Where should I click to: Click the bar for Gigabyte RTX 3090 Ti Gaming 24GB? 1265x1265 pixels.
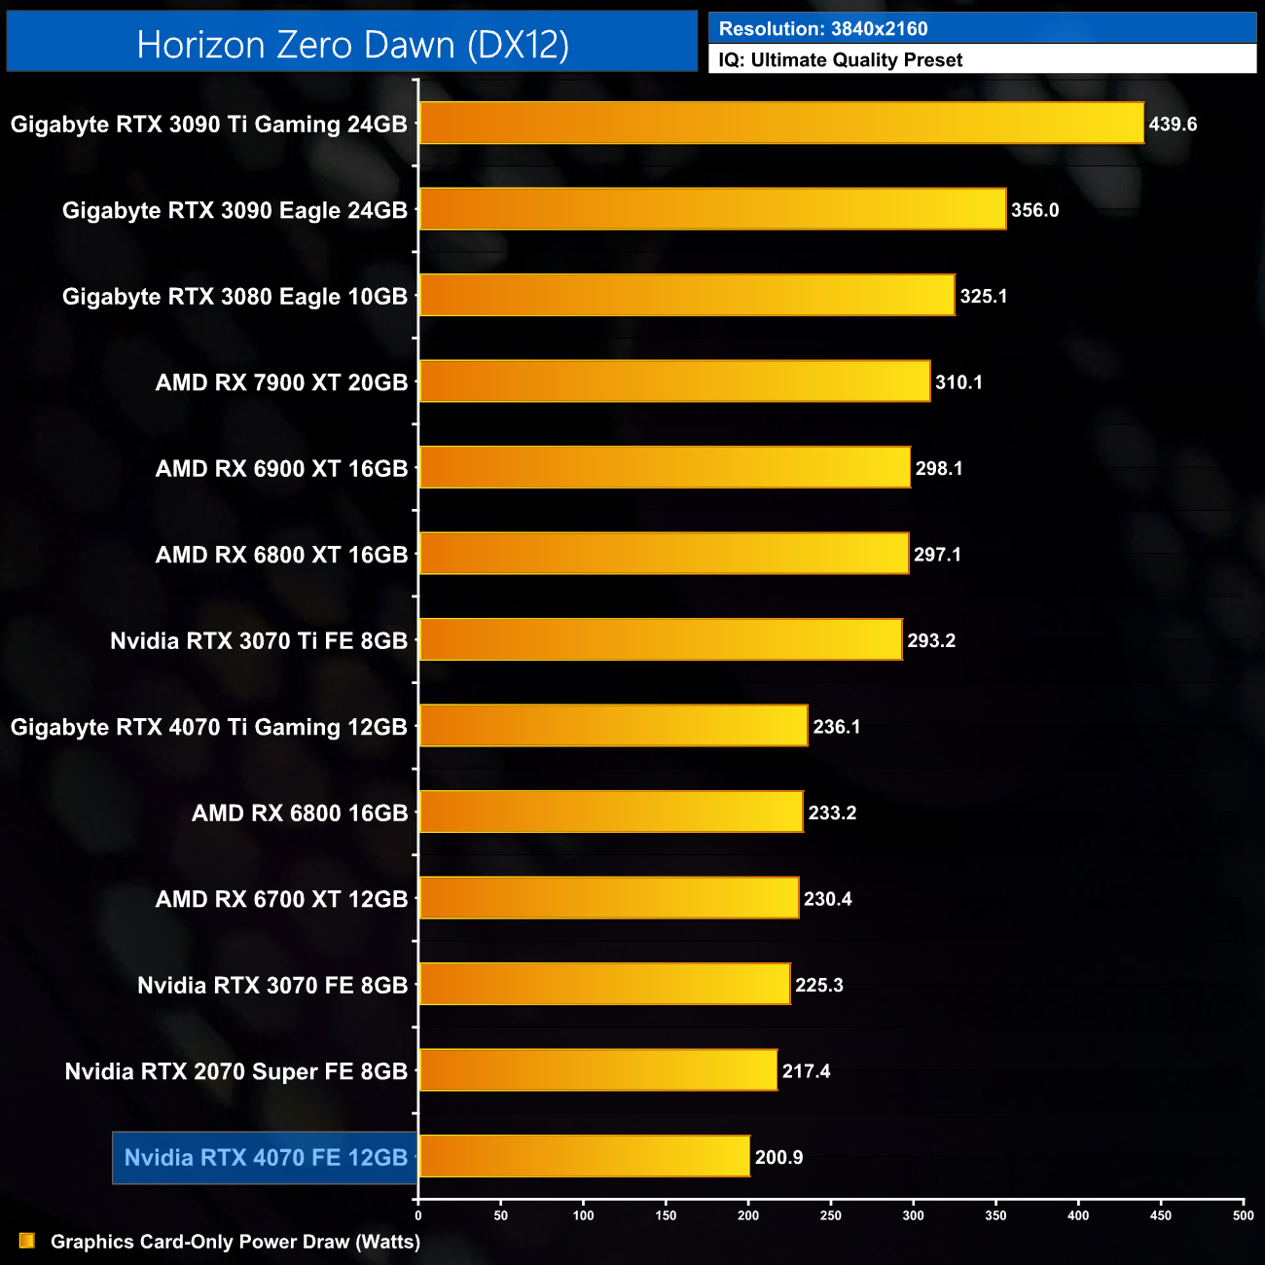[781, 124]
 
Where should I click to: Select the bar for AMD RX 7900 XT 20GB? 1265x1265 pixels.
[674, 381]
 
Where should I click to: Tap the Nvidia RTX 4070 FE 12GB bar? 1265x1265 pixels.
[584, 1156]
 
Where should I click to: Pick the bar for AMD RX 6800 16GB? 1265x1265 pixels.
[611, 812]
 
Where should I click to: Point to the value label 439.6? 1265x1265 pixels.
[1173, 125]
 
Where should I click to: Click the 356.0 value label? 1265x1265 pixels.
[1034, 210]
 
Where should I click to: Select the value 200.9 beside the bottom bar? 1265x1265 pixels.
[778, 1157]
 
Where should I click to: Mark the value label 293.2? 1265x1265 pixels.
[931, 640]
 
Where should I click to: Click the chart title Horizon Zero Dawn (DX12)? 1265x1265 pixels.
[352, 45]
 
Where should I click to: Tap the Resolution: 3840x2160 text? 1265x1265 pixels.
[823, 29]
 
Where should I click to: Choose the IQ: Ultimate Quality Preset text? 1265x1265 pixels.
[841, 60]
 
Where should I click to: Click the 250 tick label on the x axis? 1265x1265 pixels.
[831, 1215]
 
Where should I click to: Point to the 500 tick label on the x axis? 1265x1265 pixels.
[1243, 1215]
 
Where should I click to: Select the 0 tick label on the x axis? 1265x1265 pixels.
[418, 1215]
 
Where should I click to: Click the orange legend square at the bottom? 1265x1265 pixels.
[27, 1241]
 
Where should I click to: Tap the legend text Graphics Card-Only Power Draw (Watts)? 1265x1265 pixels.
[235, 1242]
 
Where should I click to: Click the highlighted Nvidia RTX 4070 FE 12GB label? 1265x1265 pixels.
[266, 1157]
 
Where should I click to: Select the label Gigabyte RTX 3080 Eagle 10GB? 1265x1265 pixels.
[235, 297]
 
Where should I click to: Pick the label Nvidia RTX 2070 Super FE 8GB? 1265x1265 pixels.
[236, 1071]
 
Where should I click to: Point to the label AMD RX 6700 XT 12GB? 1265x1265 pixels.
[281, 899]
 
